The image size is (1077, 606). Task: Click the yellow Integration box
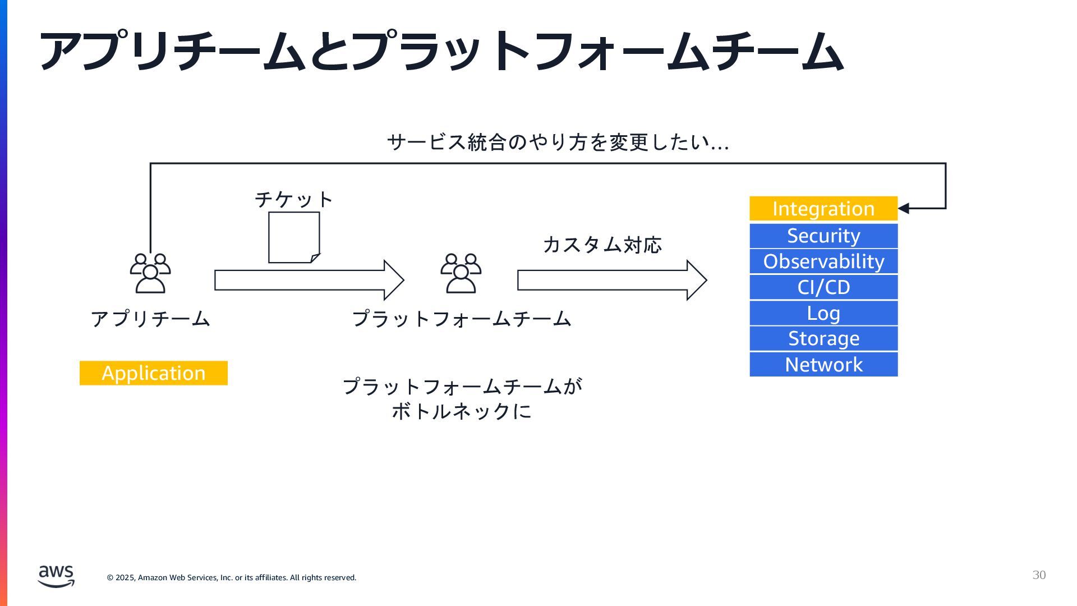[823, 209]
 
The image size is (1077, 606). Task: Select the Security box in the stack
[823, 236]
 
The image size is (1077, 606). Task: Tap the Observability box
[823, 261]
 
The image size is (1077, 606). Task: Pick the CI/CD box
[823, 287]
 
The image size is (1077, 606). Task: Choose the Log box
[823, 313]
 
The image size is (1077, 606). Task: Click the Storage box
[823, 338]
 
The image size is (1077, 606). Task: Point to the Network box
[823, 365]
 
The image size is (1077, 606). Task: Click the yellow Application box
[153, 373]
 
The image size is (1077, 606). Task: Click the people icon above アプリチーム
[150, 273]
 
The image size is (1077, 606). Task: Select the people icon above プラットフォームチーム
[461, 273]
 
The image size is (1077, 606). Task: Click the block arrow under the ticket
[309, 280]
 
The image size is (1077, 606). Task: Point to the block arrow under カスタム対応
[611, 280]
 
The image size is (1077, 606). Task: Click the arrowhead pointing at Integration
[904, 209]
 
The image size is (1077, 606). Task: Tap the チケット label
[294, 199]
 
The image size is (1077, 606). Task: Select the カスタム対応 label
[602, 245]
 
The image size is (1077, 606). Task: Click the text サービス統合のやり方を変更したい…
[558, 142]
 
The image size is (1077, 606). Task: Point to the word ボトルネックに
[461, 411]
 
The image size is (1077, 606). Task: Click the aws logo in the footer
[56, 576]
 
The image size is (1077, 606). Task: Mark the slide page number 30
[1039, 575]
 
